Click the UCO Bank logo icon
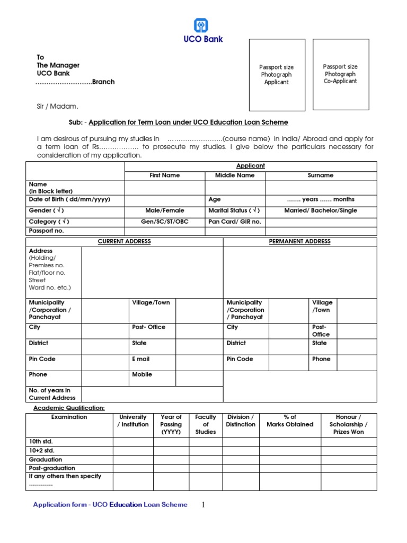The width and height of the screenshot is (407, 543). coord(201,25)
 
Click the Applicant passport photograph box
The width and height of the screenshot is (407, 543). coord(277,75)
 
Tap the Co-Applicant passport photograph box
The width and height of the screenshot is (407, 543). coord(340,74)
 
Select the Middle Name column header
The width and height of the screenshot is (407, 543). coord(235,175)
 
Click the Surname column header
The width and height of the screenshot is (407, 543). coord(321,175)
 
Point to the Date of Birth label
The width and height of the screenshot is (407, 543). coord(69,199)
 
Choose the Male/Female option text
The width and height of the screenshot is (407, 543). coord(164,211)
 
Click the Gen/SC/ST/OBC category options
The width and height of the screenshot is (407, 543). coord(164,222)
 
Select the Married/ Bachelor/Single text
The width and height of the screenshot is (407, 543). coord(321,211)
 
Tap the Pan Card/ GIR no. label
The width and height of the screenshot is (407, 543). coord(235,222)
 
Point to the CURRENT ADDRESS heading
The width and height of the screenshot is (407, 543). coord(125,241)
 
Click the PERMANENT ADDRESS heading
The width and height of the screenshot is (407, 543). coord(299,241)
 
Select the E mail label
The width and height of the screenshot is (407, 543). coord(141,359)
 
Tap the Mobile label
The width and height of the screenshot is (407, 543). coord(142,374)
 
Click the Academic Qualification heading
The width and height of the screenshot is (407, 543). coord(69,408)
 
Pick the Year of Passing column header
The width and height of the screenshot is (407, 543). coord(171,424)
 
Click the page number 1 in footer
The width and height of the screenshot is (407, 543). coord(203,505)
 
